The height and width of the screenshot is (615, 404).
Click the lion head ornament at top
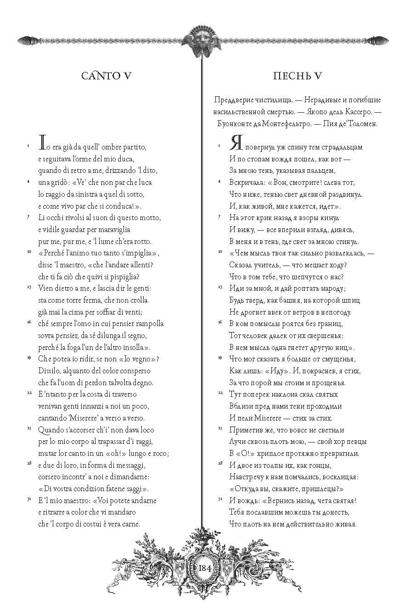[x=202, y=41]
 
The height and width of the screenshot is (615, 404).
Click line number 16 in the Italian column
[x=28, y=323]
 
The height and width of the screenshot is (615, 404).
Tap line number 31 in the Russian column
[x=220, y=499]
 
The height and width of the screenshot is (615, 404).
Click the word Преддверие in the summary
[x=232, y=100]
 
